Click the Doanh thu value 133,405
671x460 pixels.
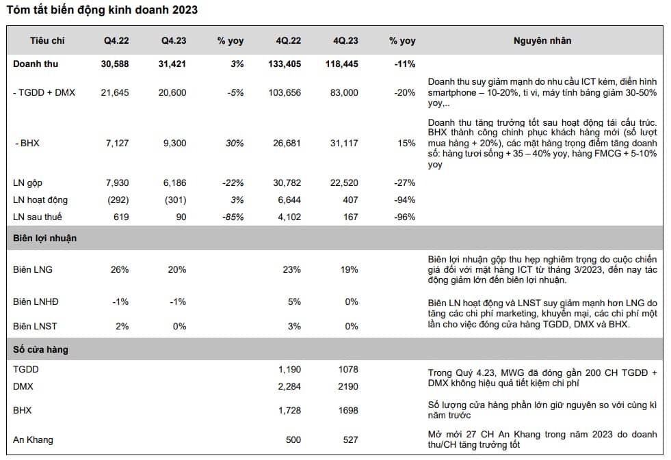tap(286, 64)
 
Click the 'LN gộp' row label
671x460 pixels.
tap(29, 182)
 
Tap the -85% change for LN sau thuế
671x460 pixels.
tap(233, 217)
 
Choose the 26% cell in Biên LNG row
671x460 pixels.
tap(120, 269)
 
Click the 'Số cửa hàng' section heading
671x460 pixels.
tap(40, 350)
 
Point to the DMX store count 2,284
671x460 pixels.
tap(289, 386)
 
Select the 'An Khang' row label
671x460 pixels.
tap(33, 439)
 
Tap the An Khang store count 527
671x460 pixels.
tap(350, 439)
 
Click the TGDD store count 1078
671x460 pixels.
tap(347, 369)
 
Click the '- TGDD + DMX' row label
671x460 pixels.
tap(44, 92)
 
